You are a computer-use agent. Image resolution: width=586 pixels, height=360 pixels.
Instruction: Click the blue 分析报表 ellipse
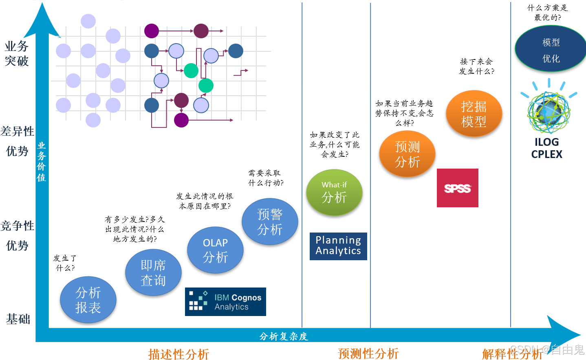pyautogui.click(x=88, y=300)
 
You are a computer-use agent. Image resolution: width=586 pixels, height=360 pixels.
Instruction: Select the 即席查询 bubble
pyautogui.click(x=153, y=272)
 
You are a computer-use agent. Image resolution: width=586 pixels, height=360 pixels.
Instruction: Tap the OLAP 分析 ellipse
pyautogui.click(x=215, y=250)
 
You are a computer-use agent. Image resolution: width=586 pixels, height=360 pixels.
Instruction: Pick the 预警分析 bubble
pyautogui.click(x=270, y=222)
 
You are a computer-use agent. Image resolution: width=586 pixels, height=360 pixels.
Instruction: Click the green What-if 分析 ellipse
pyautogui.click(x=334, y=192)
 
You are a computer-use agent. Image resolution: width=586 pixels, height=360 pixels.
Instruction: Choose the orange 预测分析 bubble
pyautogui.click(x=407, y=154)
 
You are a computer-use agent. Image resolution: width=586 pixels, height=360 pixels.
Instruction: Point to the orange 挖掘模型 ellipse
pyautogui.click(x=474, y=114)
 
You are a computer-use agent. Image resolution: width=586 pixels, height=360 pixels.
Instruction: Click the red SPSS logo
pyautogui.click(x=457, y=188)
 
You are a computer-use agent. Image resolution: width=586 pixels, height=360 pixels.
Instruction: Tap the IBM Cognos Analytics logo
pyautogui.click(x=225, y=302)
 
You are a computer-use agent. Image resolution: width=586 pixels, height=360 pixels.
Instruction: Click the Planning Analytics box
pyautogui.click(x=338, y=246)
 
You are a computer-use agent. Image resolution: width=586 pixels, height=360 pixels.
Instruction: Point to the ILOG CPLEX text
pyautogui.click(x=546, y=148)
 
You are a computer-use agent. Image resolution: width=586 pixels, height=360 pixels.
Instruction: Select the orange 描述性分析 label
pyautogui.click(x=178, y=354)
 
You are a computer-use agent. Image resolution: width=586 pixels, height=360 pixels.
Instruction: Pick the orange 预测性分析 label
pyautogui.click(x=368, y=353)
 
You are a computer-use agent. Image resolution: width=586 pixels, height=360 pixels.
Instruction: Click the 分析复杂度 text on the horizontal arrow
pyautogui.click(x=284, y=336)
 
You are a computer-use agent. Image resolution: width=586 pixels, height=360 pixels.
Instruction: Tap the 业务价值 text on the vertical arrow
pyautogui.click(x=42, y=162)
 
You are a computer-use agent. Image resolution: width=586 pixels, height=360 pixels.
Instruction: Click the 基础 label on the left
pyautogui.click(x=18, y=319)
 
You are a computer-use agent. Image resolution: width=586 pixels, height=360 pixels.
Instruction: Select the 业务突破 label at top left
pyautogui.click(x=17, y=53)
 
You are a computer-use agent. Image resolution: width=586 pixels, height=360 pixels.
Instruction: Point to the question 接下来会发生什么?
pyautogui.click(x=476, y=66)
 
